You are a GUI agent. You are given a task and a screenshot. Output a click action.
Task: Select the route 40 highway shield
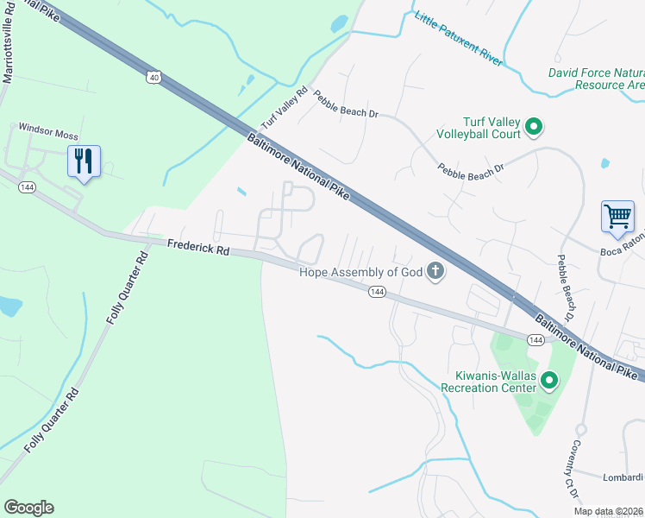coord(153,77)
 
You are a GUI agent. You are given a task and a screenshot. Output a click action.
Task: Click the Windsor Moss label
coord(48,136)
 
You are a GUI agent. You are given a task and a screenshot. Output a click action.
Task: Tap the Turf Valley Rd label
coord(285,106)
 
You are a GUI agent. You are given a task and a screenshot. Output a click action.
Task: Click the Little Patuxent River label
coord(458,40)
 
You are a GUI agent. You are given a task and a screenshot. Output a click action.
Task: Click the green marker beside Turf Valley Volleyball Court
coord(534,128)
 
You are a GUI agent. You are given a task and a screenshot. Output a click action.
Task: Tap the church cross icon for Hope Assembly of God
coord(436,273)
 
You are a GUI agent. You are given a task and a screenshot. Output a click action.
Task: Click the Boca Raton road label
coord(622,252)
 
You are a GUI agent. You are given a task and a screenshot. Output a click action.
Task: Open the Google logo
coord(28,508)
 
